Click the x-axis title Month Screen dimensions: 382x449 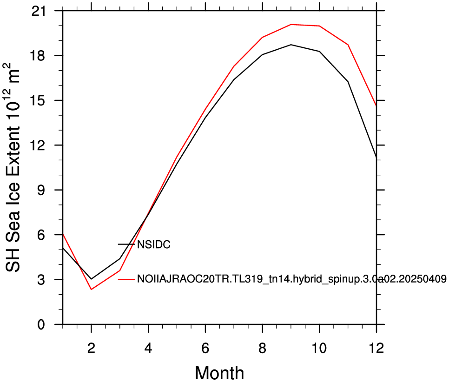click(x=219, y=372)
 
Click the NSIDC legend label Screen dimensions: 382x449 click(x=154, y=244)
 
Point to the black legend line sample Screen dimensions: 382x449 click(x=126, y=244)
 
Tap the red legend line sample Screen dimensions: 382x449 click(x=126, y=279)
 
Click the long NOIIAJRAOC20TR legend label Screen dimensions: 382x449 click(x=292, y=279)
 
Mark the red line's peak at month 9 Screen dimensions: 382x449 click(x=291, y=24)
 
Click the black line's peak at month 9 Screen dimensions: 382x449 click(x=291, y=45)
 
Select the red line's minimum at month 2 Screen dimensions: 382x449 click(x=92, y=290)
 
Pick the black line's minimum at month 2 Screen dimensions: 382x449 click(x=92, y=279)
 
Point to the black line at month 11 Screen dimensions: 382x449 click(x=348, y=82)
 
